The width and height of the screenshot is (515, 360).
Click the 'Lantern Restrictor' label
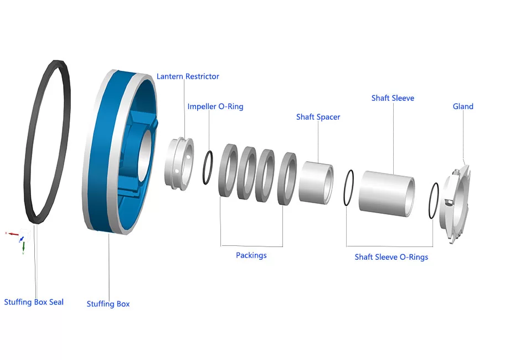(x=188, y=76)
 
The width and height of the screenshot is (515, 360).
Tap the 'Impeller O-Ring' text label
(x=215, y=106)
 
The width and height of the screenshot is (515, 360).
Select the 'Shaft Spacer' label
(x=318, y=117)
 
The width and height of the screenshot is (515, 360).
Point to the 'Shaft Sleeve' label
(x=393, y=98)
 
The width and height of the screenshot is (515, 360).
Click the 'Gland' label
(x=463, y=106)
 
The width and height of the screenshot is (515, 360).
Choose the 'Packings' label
(x=251, y=255)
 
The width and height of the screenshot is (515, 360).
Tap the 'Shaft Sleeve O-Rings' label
(x=391, y=257)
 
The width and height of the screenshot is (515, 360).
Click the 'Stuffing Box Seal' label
(x=34, y=302)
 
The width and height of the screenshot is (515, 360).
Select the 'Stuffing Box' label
(x=108, y=304)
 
